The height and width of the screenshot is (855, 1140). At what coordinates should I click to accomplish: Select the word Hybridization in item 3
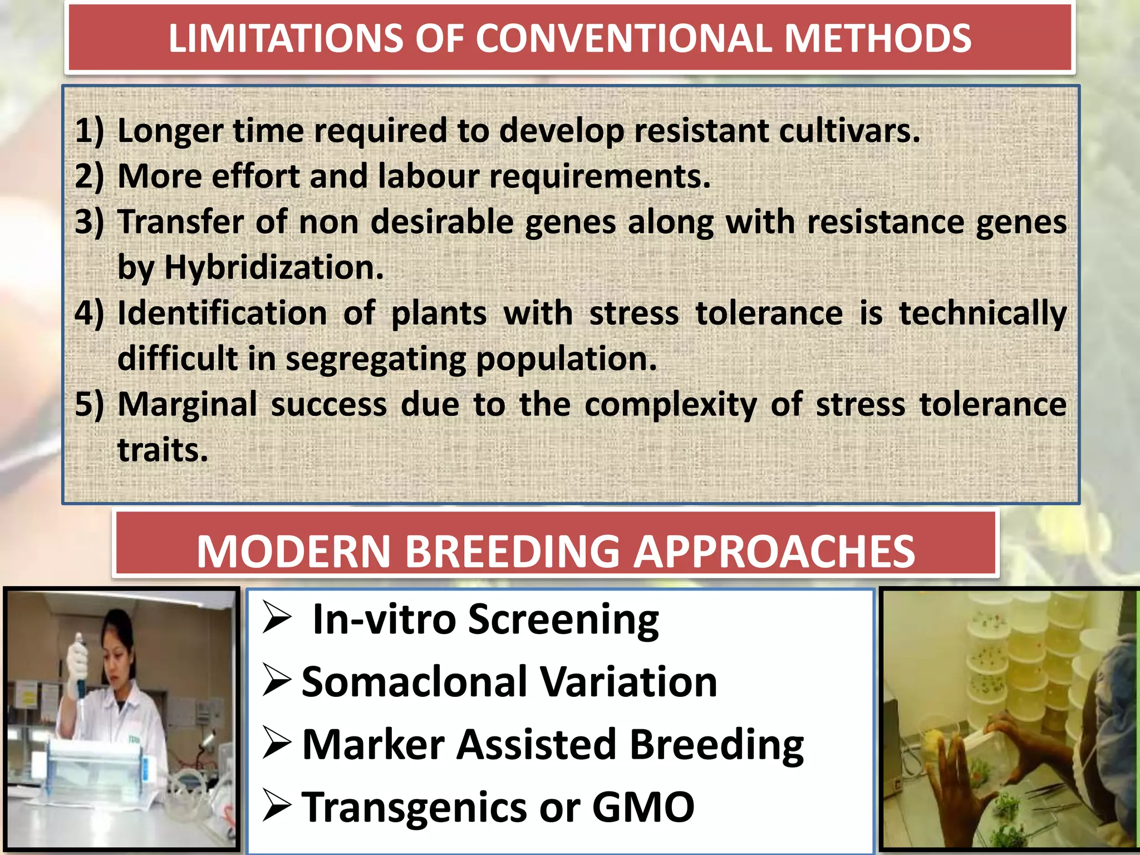click(273, 268)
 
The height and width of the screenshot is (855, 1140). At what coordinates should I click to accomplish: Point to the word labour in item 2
click(428, 176)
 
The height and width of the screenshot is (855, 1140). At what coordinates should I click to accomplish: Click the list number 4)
click(89, 313)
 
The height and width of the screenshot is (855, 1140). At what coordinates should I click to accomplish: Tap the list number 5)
click(89, 404)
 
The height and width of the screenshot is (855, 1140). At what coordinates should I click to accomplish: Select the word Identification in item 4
click(222, 313)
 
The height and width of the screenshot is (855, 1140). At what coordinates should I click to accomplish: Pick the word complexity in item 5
click(670, 404)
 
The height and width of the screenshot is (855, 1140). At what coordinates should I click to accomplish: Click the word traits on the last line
click(162, 450)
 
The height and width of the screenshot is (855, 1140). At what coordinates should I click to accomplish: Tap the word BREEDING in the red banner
click(512, 552)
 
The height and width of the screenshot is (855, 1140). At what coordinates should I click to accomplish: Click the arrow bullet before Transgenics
click(277, 807)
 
